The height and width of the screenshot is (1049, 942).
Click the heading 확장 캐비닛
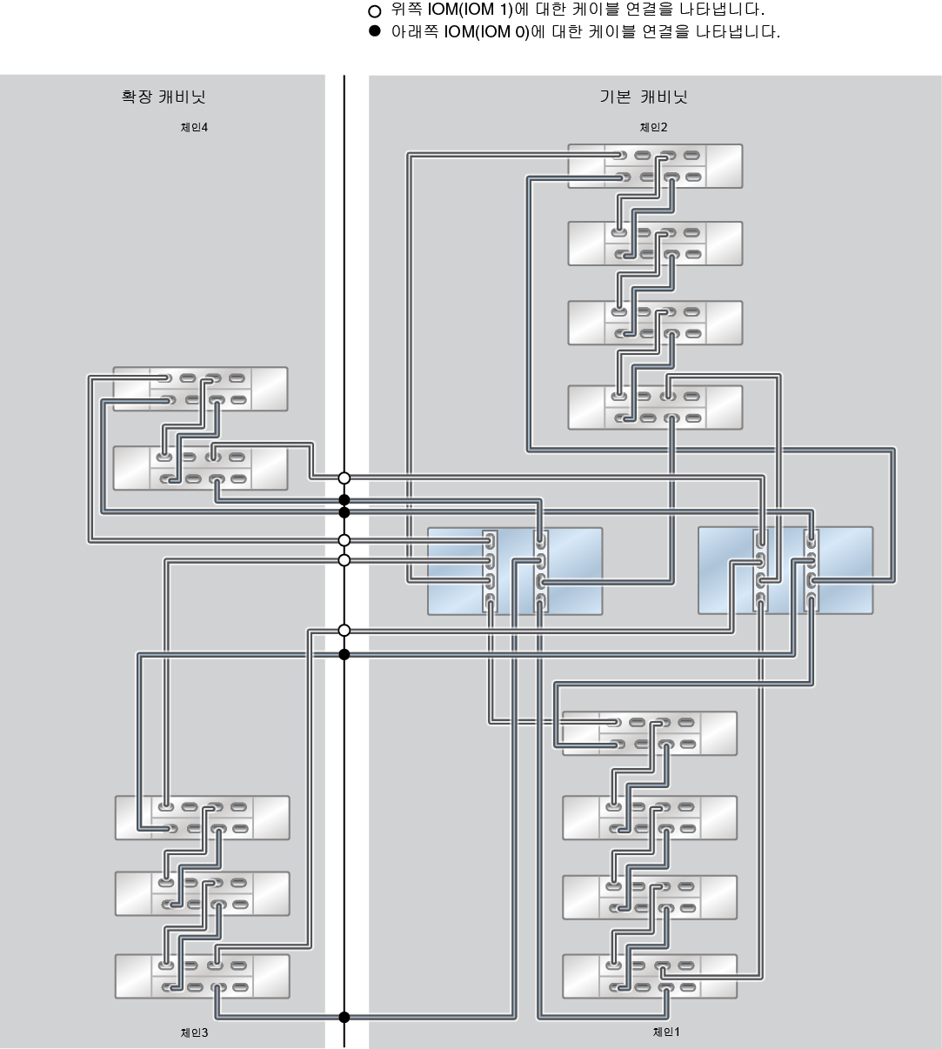[164, 97]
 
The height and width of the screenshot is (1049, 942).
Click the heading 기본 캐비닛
[643, 97]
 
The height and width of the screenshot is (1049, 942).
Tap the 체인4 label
[193, 127]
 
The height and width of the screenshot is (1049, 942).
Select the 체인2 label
[653, 127]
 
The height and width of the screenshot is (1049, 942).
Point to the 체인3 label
[193, 1032]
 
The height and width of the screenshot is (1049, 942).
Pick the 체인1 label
[666, 1032]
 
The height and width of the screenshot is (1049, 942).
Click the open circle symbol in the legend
[375, 11]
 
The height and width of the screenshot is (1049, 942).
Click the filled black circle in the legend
[375, 32]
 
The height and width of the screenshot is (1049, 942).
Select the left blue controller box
[515, 571]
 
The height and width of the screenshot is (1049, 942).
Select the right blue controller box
[785, 571]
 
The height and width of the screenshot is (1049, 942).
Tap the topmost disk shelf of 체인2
[655, 166]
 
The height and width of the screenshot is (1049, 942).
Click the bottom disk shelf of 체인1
[650, 977]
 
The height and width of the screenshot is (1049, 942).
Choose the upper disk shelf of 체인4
[200, 389]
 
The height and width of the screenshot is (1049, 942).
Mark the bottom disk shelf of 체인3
[202, 976]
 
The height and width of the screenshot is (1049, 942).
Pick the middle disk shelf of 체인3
[202, 893]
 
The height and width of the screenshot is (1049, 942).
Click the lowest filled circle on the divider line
[344, 1017]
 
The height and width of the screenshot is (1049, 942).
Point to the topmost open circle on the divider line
[344, 478]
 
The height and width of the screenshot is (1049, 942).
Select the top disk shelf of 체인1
[650, 733]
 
